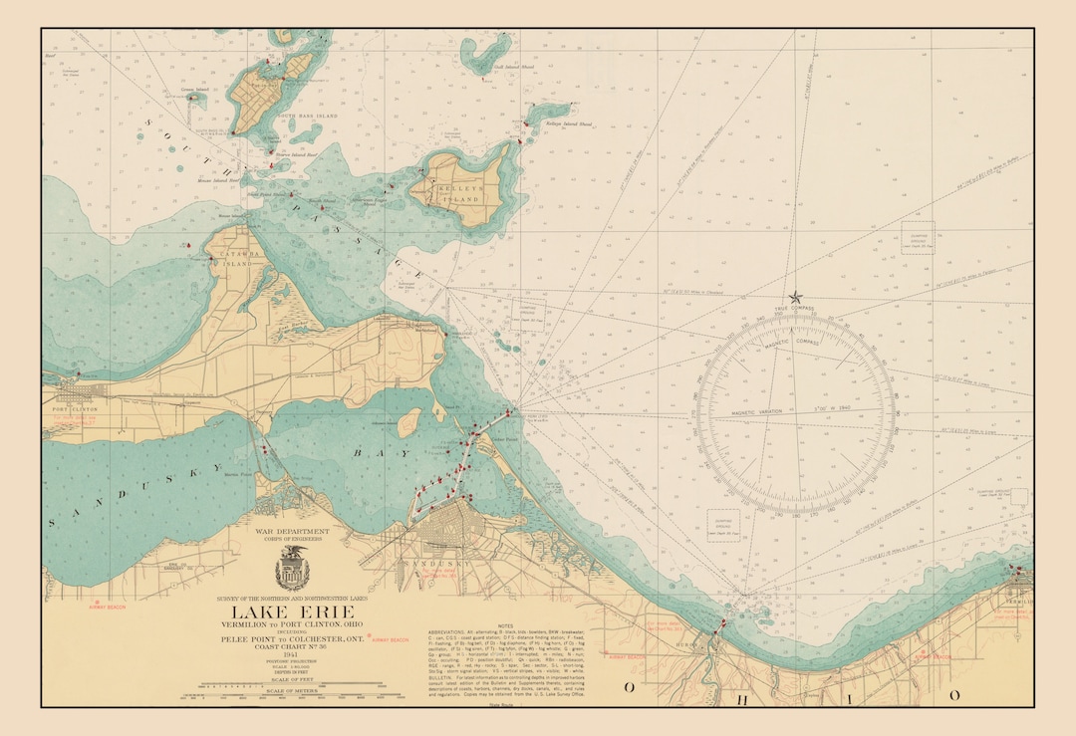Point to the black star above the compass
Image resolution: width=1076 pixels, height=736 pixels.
pyautogui.click(x=795, y=297)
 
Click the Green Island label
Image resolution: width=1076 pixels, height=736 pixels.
pyautogui.click(x=195, y=90)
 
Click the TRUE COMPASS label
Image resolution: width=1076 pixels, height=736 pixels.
pyautogui.click(x=795, y=309)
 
